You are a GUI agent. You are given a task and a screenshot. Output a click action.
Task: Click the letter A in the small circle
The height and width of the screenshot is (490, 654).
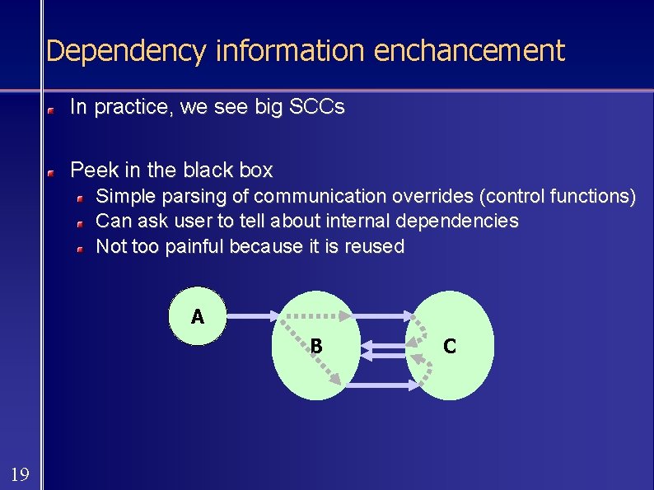(x=197, y=316)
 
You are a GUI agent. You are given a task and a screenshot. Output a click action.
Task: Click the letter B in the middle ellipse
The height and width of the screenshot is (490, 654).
(x=315, y=347)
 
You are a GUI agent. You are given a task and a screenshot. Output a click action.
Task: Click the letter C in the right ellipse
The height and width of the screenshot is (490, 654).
(x=450, y=347)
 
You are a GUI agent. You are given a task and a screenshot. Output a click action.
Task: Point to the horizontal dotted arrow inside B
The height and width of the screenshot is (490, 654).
(x=313, y=315)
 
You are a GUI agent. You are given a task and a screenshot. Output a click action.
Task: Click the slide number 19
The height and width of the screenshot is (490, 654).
(x=20, y=474)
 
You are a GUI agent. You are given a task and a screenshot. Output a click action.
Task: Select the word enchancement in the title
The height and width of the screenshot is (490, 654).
(x=469, y=51)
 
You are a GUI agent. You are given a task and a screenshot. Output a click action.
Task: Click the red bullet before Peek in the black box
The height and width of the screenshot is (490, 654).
(x=50, y=173)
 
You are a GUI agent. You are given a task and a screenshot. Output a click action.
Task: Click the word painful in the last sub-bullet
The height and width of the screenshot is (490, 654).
(x=194, y=246)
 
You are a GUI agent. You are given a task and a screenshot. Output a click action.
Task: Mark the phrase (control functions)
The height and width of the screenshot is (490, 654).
(x=558, y=197)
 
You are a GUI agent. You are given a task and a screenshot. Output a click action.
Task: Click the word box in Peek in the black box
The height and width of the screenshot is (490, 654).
(x=255, y=170)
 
